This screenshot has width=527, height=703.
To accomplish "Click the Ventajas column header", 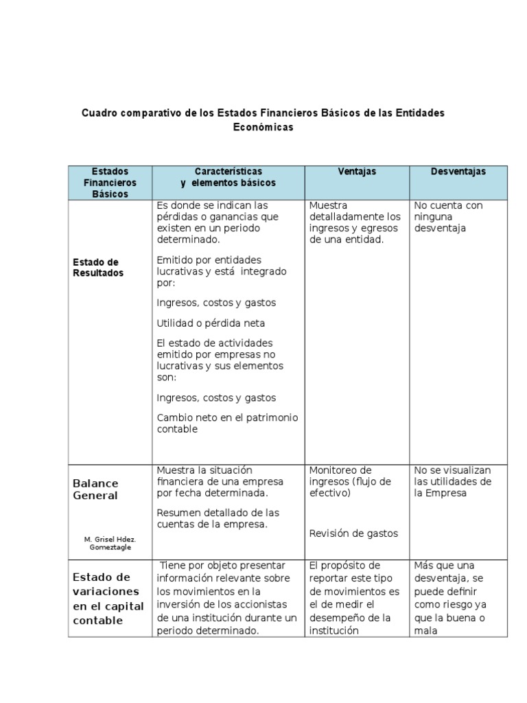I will click(x=357, y=172).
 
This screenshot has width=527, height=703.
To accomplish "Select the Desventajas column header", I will click(x=458, y=172).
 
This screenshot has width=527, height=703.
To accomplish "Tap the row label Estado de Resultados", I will click(x=98, y=267).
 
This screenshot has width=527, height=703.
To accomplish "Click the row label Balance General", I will click(x=95, y=489).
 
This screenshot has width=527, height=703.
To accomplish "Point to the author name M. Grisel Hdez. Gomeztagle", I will click(x=110, y=543).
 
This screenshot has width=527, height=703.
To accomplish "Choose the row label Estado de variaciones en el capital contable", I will click(x=108, y=599).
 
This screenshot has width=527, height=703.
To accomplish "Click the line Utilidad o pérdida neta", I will click(x=211, y=323).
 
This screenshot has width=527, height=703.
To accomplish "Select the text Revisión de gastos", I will click(x=353, y=533).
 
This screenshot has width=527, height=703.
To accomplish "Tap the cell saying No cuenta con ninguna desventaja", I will click(x=449, y=216).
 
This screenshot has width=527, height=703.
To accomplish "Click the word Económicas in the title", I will click(x=263, y=127).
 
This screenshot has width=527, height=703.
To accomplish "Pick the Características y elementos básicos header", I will click(x=228, y=177).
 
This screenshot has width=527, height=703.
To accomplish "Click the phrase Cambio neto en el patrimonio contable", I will click(x=227, y=423).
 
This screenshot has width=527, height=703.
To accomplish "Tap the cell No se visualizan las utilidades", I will click(x=453, y=481).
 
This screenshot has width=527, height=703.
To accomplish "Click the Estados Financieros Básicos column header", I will click(x=110, y=183).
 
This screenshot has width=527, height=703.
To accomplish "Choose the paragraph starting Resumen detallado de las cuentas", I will click(x=218, y=518).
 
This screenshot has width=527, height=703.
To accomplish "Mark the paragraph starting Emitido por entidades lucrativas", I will click(x=222, y=270).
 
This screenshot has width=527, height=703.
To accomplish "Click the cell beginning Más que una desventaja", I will click(x=450, y=598).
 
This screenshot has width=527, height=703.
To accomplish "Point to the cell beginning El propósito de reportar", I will click(x=354, y=598).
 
